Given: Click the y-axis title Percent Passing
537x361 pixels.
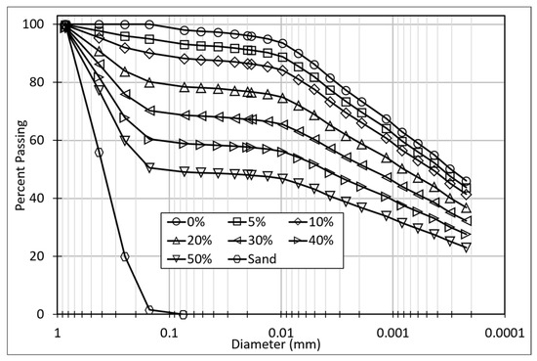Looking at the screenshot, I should coord(20,169).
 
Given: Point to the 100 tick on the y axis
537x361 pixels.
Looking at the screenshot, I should coord(37,24).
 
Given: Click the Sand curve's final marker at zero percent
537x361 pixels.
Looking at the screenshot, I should coord(183,314).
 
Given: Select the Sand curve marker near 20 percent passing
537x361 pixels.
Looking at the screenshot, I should coord(125,256).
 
